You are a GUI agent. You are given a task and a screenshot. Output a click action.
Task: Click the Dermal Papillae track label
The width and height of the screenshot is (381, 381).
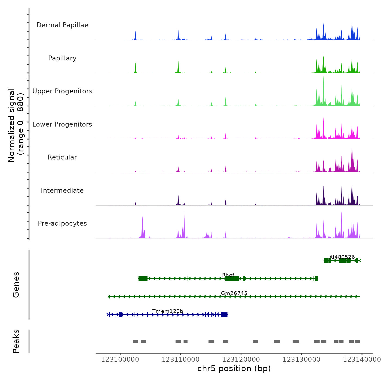pyautogui.click(x=62, y=25)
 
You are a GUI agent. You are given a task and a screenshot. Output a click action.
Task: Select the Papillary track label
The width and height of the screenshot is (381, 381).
pyautogui.click(x=62, y=58)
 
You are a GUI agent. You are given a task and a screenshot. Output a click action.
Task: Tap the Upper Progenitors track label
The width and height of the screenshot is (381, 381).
pyautogui.click(x=62, y=91)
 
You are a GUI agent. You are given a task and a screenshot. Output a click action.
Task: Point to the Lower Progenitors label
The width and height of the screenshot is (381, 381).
pyautogui.click(x=62, y=124)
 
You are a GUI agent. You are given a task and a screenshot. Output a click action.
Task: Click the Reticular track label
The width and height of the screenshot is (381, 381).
pyautogui.click(x=62, y=157)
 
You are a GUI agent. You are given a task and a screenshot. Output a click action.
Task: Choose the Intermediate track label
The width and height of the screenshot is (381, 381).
pyautogui.click(x=62, y=190)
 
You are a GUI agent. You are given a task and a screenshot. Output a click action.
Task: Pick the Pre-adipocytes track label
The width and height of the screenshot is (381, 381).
pyautogui.click(x=62, y=223)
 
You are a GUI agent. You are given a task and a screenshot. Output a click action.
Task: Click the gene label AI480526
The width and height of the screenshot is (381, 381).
pyautogui.click(x=342, y=257)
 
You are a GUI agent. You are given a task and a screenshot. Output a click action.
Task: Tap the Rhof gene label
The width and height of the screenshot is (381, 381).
pyautogui.click(x=228, y=275)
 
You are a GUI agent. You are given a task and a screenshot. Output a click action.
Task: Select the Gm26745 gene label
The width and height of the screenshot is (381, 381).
pyautogui.click(x=234, y=293)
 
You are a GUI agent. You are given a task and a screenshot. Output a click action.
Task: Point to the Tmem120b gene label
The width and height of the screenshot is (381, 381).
pyautogui.click(x=168, y=311)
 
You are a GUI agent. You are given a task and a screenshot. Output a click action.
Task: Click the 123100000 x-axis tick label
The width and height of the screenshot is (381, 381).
pyautogui.click(x=120, y=360)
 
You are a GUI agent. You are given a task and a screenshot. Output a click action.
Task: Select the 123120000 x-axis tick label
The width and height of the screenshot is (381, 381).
pyautogui.click(x=241, y=360)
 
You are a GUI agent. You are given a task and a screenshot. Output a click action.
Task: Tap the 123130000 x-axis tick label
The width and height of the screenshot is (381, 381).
pyautogui.click(x=302, y=360)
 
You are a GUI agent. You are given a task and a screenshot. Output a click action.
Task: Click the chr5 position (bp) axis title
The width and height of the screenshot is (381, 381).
pyautogui.click(x=234, y=368)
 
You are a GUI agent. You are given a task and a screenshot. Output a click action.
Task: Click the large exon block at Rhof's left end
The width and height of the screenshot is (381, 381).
pyautogui.click(x=143, y=278)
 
